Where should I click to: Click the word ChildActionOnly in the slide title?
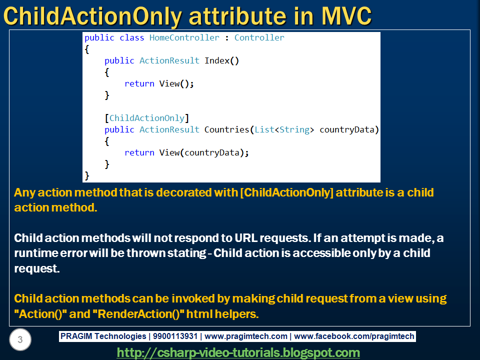coord(91,16)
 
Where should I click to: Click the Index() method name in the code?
coord(221,61)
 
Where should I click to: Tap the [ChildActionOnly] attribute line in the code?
coord(147,118)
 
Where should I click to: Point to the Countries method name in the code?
coord(226,130)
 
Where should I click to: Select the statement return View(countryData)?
coord(186,153)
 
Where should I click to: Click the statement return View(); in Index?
coord(158,84)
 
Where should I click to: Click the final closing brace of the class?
coord(87,175)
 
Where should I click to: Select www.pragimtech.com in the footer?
coord(246,336)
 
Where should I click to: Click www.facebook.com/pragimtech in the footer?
coord(354,336)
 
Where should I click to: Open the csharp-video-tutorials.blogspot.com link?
coord(238,353)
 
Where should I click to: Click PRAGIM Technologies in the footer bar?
coord(103,336)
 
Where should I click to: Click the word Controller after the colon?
coord(259,38)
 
